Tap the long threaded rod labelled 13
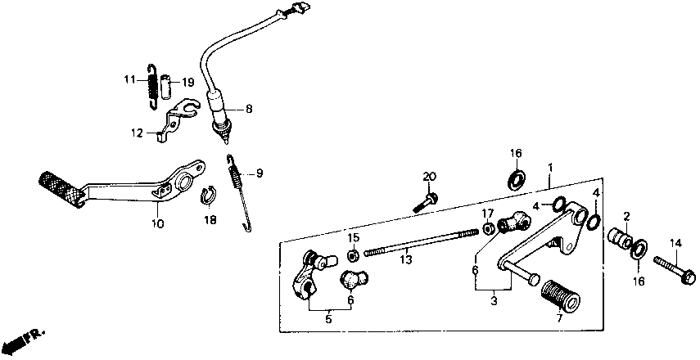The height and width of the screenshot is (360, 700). coord(418,244)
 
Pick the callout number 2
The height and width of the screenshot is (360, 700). coord(626,217)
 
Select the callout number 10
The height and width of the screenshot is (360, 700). coord(157,223)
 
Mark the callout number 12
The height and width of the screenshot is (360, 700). coord(137,133)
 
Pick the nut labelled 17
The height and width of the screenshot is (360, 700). coord(486,227)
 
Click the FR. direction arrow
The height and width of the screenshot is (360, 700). coord(25,339)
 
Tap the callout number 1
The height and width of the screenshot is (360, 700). coord(551,168)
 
